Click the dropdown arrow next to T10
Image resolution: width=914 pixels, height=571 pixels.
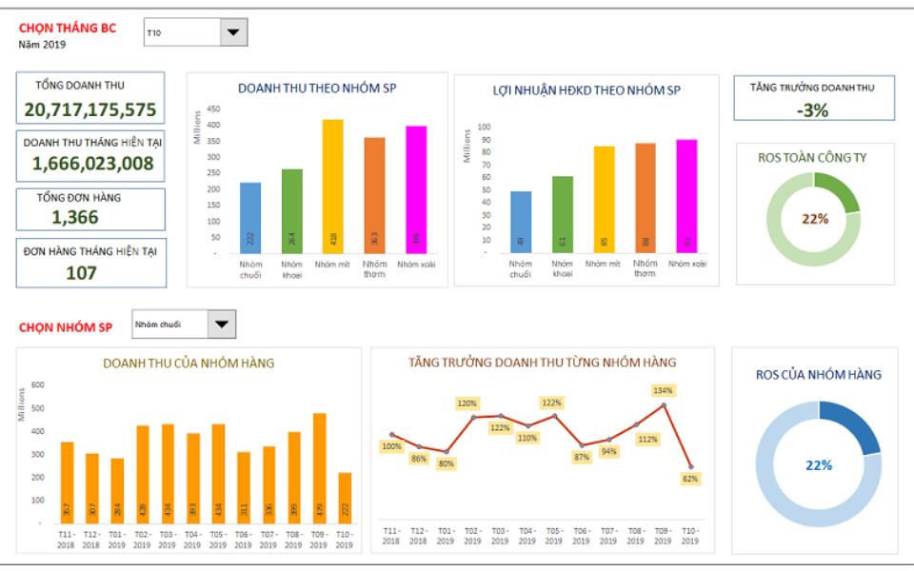[x=233, y=32]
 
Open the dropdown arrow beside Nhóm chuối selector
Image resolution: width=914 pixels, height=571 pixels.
[x=222, y=325]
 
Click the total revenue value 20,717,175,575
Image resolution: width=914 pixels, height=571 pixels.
[x=90, y=109]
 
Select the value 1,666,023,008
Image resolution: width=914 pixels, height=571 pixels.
[x=92, y=163]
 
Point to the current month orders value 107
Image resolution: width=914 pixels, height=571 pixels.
[x=81, y=272]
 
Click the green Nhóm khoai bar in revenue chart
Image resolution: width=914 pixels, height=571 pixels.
[x=292, y=210]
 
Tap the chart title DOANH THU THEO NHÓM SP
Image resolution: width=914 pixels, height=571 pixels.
[x=317, y=89]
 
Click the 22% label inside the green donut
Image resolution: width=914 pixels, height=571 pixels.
[x=815, y=218]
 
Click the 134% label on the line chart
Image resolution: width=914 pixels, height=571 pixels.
[x=663, y=390]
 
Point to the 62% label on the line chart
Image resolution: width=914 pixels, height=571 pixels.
[x=691, y=479]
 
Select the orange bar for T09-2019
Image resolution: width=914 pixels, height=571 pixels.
[x=319, y=467]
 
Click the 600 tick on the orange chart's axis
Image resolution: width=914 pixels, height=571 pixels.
[x=38, y=384]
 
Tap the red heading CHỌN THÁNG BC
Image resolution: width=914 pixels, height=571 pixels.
[x=68, y=28]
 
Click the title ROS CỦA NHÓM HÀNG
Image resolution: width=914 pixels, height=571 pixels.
[x=818, y=374]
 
